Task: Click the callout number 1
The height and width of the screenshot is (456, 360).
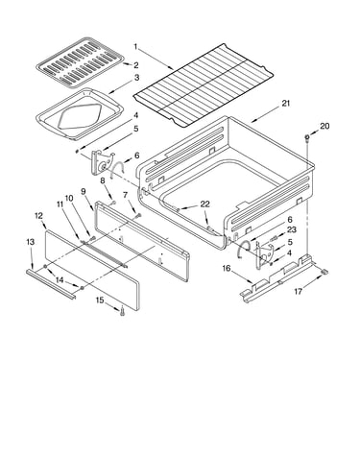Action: [x=135, y=47]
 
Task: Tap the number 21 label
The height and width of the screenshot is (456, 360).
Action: [x=286, y=104]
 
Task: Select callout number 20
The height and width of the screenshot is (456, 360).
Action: [x=324, y=126]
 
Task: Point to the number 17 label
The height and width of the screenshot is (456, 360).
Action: [x=299, y=292]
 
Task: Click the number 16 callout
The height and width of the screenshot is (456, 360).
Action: [x=227, y=268]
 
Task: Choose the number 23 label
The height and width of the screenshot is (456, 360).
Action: [x=292, y=229]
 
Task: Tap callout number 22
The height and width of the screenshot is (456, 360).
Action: [x=204, y=204]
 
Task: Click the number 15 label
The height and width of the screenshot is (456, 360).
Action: [x=100, y=300]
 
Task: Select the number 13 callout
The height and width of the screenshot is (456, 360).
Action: [x=30, y=242]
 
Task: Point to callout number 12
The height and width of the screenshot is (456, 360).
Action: [x=38, y=216]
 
